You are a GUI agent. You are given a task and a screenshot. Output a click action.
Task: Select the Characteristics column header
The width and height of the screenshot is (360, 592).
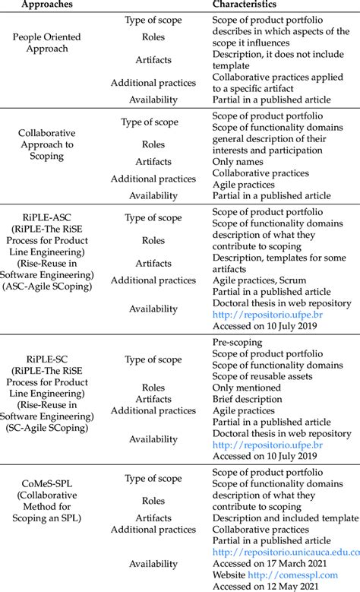click(x=245, y=5)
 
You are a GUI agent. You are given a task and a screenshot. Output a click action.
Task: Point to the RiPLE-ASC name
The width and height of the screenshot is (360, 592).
click(x=49, y=217)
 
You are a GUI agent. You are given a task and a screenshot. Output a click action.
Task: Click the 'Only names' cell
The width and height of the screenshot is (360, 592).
click(x=238, y=162)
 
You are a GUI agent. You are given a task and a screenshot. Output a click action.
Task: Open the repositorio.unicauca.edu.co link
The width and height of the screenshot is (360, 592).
click(x=286, y=552)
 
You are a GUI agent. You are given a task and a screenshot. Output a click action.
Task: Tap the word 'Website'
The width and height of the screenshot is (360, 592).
click(x=230, y=575)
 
